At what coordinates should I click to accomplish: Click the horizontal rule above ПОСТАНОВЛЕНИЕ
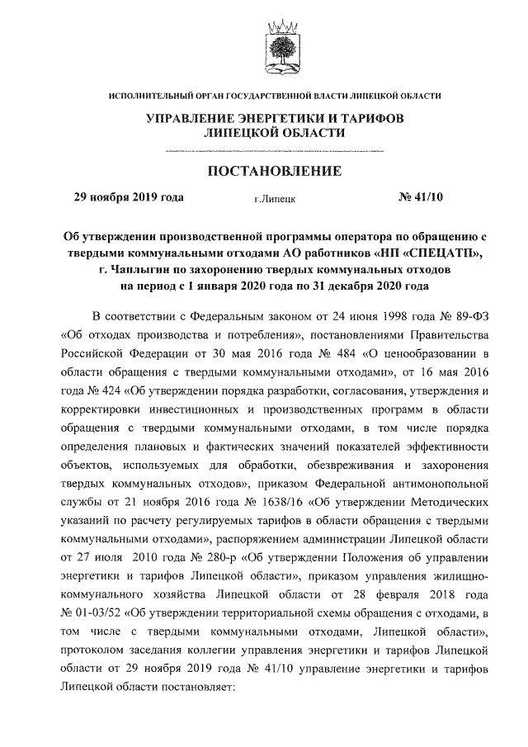pyautogui.click(x=275, y=153)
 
